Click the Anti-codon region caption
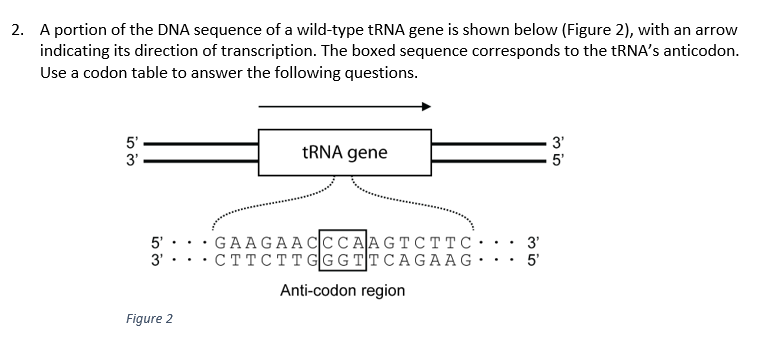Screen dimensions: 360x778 (x=342, y=291)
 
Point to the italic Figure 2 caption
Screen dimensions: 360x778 (x=149, y=319)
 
